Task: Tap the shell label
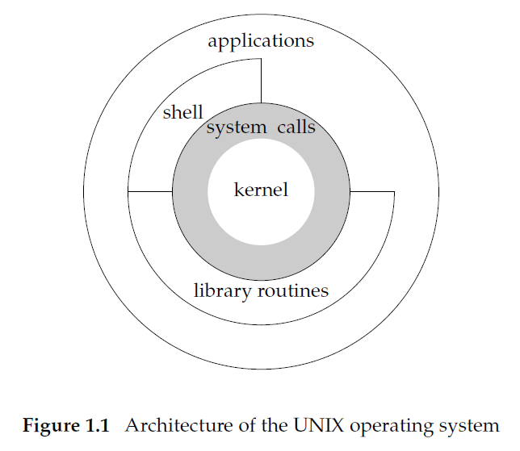click(x=182, y=112)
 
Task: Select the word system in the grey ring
click(x=237, y=128)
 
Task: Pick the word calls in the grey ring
click(x=296, y=127)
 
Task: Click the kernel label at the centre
click(x=261, y=190)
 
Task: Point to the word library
click(x=222, y=291)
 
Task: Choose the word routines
click(x=293, y=290)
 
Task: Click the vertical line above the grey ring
click(x=261, y=81)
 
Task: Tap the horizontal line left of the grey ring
click(x=150, y=191)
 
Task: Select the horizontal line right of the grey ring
click(x=372, y=191)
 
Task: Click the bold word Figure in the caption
click(x=51, y=426)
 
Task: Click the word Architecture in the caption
click(x=179, y=425)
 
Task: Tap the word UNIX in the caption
click(x=319, y=425)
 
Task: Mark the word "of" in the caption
click(x=247, y=425)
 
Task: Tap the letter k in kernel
click(x=239, y=190)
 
